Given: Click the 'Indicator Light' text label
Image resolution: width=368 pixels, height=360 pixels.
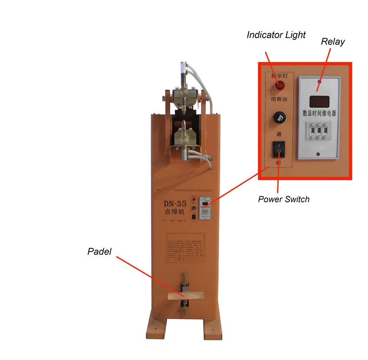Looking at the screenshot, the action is coord(276,35).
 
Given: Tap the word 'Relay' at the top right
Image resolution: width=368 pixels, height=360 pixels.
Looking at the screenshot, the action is coord(333,42).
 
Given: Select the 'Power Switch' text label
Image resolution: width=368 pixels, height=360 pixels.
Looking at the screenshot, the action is coord(283,199).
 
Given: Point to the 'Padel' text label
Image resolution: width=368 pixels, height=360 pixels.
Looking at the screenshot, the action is coord(99,251).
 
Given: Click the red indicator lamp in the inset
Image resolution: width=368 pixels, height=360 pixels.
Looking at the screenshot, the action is coord(279,85).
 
